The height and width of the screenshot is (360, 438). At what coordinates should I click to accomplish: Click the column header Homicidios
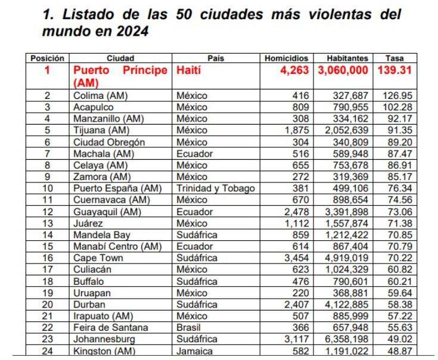click(286, 58)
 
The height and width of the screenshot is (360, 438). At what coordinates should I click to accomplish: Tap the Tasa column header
click(394, 58)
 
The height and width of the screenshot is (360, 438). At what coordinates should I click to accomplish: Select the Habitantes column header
click(348, 58)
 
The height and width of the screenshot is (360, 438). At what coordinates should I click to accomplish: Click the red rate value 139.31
click(394, 71)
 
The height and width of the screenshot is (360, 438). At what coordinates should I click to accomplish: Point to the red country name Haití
click(189, 71)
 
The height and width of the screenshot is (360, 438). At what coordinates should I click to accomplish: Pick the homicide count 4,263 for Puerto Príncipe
click(294, 71)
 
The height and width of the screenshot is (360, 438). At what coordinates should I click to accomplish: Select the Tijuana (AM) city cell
click(100, 131)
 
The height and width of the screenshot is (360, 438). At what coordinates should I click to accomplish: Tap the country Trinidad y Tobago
click(216, 188)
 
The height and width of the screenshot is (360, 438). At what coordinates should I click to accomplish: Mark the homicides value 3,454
click(296, 257)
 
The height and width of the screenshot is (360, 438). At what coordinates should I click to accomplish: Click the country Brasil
click(189, 327)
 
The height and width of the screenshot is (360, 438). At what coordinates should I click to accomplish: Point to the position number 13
click(48, 223)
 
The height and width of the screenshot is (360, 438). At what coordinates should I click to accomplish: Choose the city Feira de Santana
click(110, 327)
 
